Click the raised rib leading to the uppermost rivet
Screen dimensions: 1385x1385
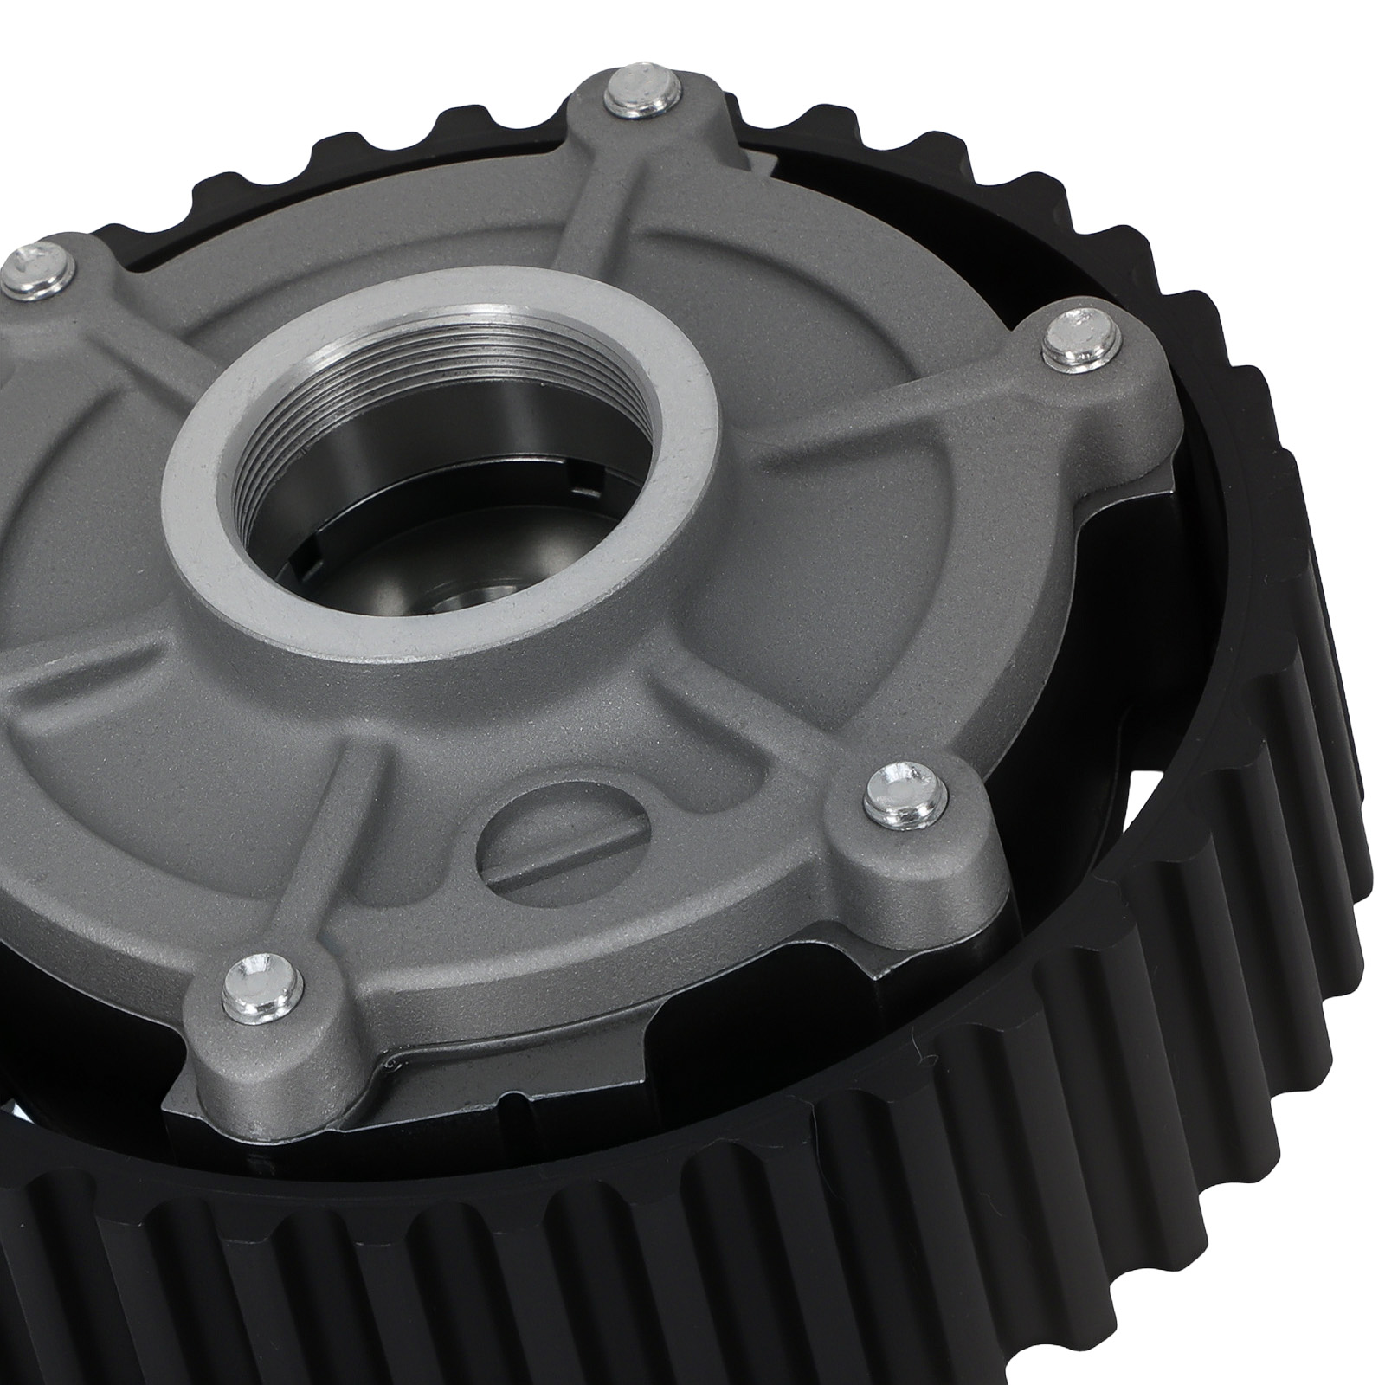(x=597, y=216)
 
